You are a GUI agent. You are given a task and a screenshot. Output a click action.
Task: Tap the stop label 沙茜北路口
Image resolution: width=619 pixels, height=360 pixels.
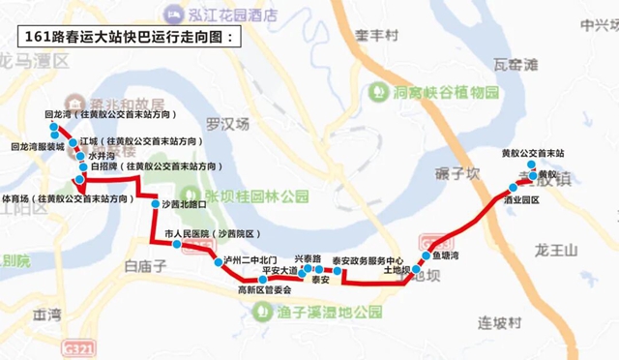tap(184, 205)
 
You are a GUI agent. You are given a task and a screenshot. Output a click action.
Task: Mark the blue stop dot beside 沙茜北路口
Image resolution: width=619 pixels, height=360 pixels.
tap(154, 205)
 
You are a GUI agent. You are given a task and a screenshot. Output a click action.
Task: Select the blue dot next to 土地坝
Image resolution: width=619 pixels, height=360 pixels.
tap(417, 270)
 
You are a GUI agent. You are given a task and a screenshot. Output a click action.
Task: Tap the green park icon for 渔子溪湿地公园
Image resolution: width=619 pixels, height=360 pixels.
tap(260, 312)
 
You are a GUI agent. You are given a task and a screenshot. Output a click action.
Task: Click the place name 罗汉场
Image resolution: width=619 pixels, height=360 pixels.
tap(228, 124)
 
